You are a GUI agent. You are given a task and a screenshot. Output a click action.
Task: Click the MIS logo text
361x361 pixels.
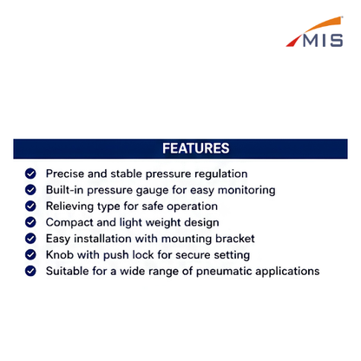tap(323, 40)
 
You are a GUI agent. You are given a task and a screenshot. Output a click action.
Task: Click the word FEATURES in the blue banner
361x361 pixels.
tap(196, 148)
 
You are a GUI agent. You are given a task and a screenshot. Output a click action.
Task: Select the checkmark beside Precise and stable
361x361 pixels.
tap(30, 174)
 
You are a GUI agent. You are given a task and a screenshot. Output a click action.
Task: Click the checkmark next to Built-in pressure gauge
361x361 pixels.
tap(30, 190)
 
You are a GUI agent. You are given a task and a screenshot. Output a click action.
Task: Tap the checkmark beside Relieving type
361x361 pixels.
tap(30, 206)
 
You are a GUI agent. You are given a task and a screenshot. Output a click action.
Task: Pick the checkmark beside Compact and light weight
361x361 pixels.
tap(30, 222)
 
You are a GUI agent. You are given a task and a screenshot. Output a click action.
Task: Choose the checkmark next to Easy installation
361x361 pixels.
tap(30, 239)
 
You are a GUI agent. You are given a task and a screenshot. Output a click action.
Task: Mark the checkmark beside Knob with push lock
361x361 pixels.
tap(30, 254)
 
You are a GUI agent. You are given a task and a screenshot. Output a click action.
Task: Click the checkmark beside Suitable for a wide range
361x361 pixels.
tap(30, 271)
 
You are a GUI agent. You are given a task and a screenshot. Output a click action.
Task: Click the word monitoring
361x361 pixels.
tap(246, 190)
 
